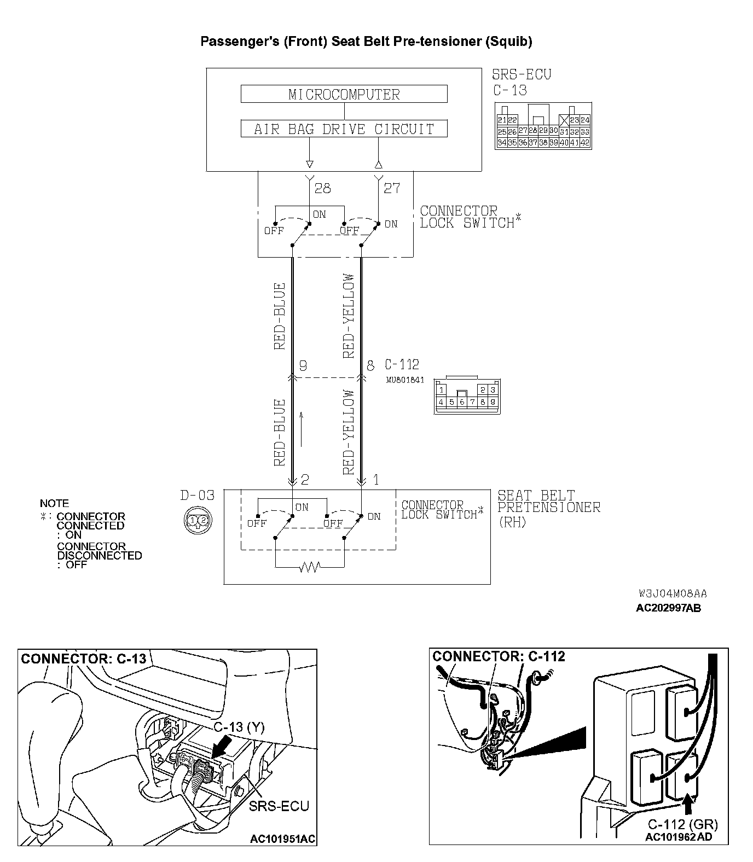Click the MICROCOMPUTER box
coord(344,94)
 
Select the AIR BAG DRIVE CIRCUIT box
coord(344,129)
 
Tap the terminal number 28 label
coord(322,189)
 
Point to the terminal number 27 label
coord(392,189)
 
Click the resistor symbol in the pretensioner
coord(309,567)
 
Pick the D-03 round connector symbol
coord(198,520)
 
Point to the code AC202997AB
coord(668,608)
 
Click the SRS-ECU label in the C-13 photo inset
coord(279,806)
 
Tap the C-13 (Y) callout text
coord(239,727)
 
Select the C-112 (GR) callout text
coord(682,824)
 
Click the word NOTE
coord(55,503)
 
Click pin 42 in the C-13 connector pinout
coord(585,143)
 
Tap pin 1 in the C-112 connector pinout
coord(442,390)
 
